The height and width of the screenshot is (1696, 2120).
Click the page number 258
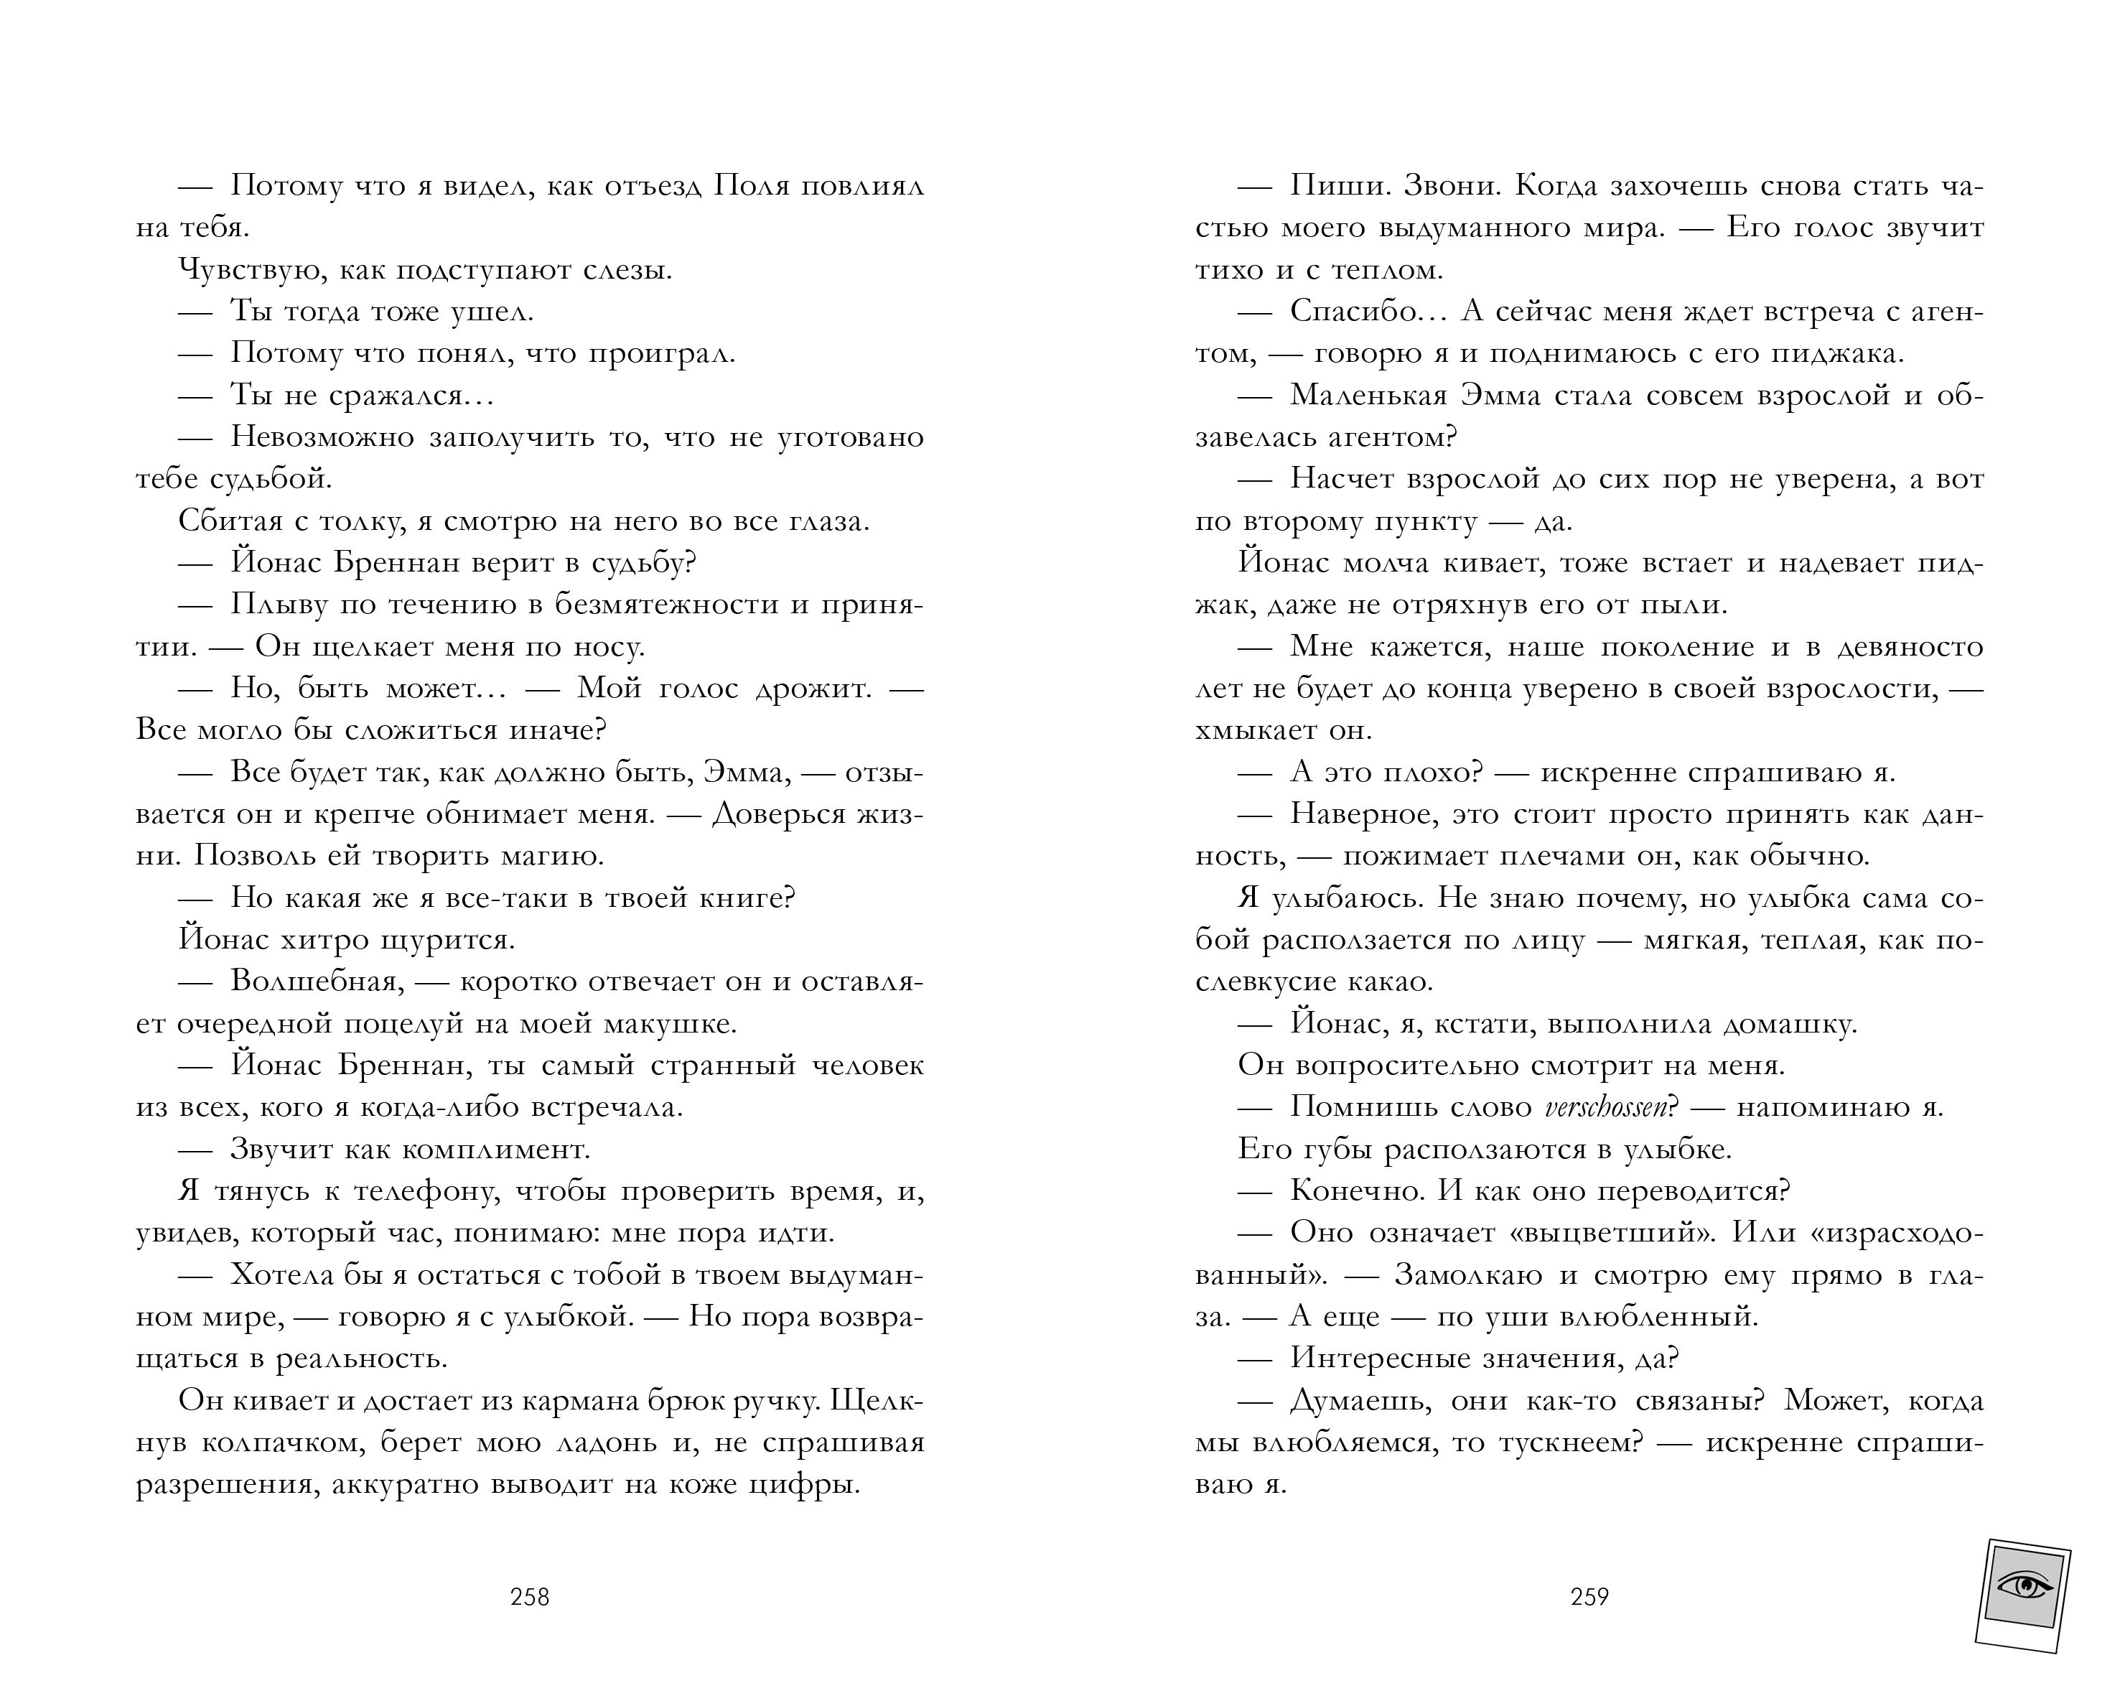(530, 1598)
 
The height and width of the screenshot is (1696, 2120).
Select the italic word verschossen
(1606, 1108)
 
